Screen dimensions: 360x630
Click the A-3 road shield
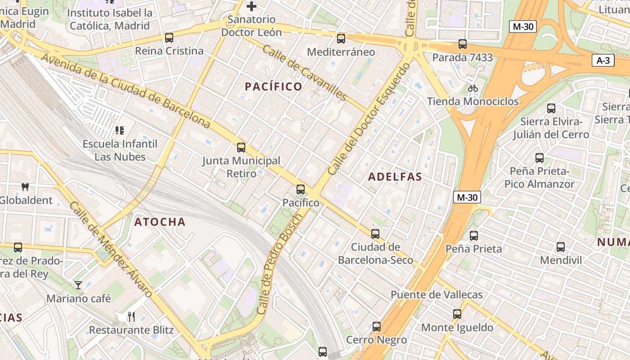point(603,60)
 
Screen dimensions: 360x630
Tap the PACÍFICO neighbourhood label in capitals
point(273,86)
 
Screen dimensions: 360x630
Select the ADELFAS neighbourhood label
point(395,177)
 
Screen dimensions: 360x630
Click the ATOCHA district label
point(160,222)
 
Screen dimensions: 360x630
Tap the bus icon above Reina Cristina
point(169,38)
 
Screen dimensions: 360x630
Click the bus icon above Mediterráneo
point(341,39)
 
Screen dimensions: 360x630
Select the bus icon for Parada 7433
point(463,44)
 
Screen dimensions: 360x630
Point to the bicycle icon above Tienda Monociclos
point(472,88)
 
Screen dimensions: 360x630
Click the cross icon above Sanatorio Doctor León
point(252,6)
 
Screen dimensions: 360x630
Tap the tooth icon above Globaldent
point(25,187)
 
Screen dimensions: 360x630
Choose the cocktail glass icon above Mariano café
point(78,285)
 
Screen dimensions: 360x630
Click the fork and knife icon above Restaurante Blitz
point(131,316)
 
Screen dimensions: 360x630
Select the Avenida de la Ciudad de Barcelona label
point(126,90)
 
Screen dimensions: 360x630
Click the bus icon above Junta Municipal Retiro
point(241,147)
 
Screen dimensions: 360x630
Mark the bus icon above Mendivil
point(561,247)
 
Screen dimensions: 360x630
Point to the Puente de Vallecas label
point(436,295)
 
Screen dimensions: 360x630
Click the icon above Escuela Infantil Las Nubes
point(120,130)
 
